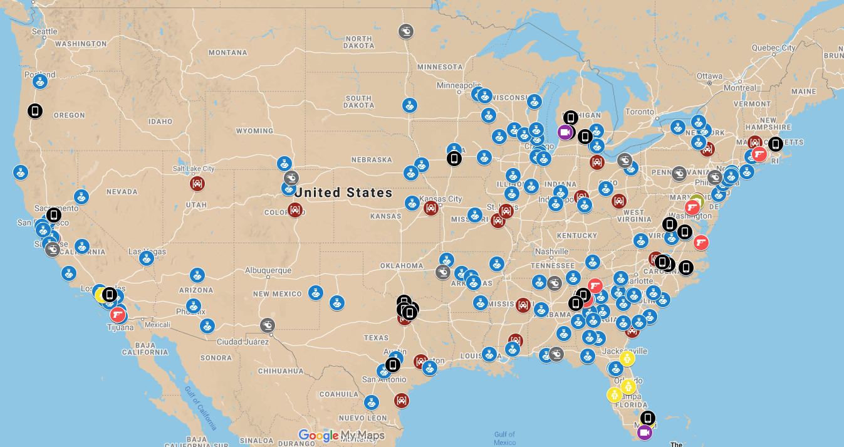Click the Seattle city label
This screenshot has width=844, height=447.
(x=44, y=31)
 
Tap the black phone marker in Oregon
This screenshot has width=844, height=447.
(x=35, y=111)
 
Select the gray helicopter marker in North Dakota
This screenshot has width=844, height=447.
(x=406, y=31)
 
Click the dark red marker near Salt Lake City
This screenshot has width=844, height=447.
(x=197, y=183)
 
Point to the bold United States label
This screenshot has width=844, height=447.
(x=343, y=192)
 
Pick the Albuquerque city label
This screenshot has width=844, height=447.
(x=268, y=271)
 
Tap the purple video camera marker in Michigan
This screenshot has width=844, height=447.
(x=565, y=132)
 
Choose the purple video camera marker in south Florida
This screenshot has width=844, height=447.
(x=645, y=432)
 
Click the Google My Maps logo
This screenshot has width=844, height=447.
(x=341, y=435)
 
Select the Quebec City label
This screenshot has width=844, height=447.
(x=773, y=48)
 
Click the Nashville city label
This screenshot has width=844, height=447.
(x=551, y=251)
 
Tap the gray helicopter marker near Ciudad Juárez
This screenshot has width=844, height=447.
(x=268, y=325)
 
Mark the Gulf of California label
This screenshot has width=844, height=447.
(x=201, y=408)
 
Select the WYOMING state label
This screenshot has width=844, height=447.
(x=254, y=131)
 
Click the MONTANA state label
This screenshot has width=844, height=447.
(x=227, y=53)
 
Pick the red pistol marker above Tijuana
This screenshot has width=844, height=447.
(x=117, y=314)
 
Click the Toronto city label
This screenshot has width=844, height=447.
(x=639, y=112)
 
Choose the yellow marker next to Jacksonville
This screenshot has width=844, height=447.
(x=627, y=358)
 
